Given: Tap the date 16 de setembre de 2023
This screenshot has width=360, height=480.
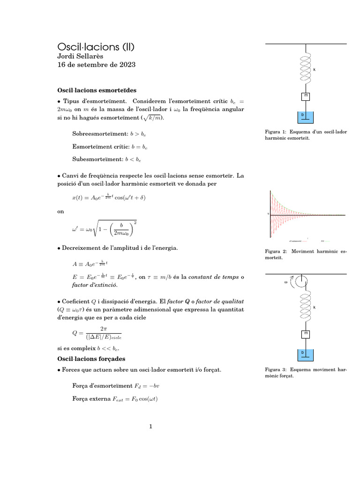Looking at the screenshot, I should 96,65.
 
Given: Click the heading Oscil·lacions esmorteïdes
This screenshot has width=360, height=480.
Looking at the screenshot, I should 97,90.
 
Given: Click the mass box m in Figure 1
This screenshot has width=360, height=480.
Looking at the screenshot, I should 306,97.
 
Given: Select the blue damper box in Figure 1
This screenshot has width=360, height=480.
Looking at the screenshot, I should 306,116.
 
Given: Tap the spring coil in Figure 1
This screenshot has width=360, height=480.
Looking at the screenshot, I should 306,69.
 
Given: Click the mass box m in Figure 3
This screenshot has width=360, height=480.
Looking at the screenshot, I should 306,334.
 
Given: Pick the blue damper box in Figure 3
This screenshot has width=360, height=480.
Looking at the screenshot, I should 306,354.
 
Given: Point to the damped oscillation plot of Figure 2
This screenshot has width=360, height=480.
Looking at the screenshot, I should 307,215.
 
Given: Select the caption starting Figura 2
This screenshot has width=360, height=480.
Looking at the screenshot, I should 306,255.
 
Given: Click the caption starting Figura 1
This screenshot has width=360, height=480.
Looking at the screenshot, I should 306,135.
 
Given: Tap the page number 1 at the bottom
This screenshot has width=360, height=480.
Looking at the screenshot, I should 151,427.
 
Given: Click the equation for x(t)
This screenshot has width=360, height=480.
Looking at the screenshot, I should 109,197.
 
